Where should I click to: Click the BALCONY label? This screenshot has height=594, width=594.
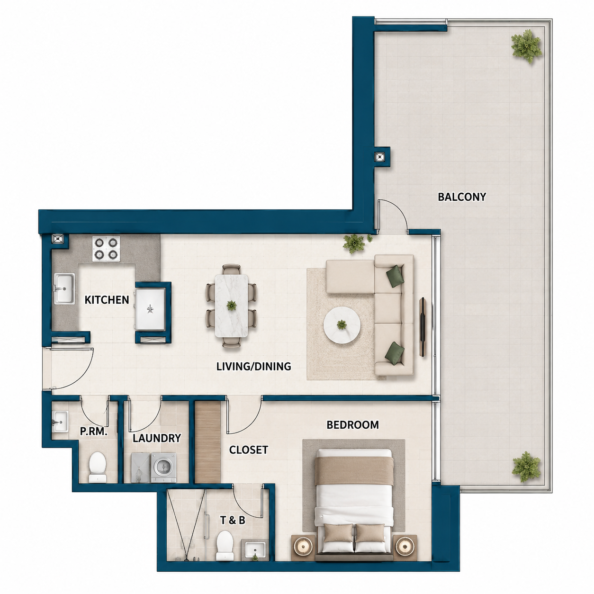tap(461, 197)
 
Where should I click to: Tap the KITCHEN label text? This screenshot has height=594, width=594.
tap(107, 300)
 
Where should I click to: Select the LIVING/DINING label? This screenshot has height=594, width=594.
tap(253, 367)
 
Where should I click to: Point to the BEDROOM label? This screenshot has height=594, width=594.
tap(352, 425)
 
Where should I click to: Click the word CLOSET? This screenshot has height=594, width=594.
tap(249, 450)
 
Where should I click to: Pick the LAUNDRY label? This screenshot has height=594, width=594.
tap(157, 438)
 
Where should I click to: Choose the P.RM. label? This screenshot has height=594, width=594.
tap(94, 432)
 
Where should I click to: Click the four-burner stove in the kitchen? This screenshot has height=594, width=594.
tap(106, 249)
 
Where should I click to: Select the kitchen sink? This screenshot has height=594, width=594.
tap(64, 288)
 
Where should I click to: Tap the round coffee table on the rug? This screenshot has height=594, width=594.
tap(342, 324)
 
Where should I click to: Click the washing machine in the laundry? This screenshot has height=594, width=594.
tap(164, 468)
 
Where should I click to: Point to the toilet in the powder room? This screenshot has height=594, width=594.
tap(98, 468)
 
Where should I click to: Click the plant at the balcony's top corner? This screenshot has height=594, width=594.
tap(526, 46)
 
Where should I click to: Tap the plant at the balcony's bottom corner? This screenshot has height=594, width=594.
tap(526, 467)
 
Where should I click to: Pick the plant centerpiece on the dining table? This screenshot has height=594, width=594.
tap(231, 306)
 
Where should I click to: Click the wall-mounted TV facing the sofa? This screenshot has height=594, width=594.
tap(423, 327)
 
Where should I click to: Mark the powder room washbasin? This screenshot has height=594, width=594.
tap(60, 422)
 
